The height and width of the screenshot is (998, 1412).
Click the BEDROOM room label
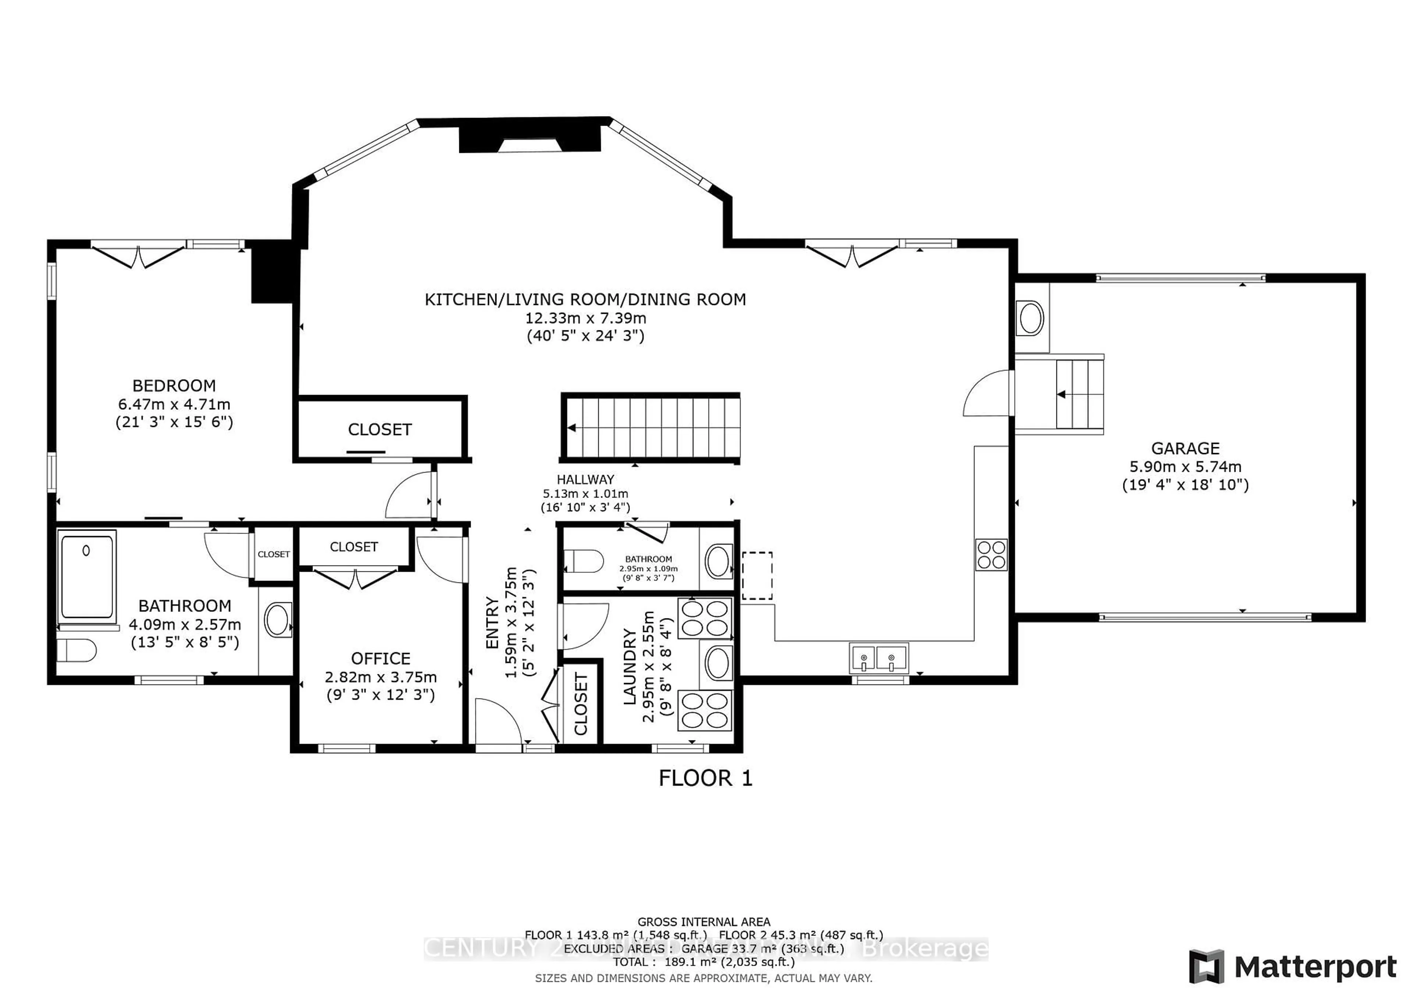click(x=174, y=386)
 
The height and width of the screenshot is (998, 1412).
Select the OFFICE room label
click(x=380, y=659)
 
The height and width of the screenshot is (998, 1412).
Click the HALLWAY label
click(x=585, y=479)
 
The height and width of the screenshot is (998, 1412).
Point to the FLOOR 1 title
click(x=705, y=779)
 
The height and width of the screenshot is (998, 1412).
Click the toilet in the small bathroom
click(x=583, y=561)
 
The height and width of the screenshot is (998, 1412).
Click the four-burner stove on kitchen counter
click(x=991, y=554)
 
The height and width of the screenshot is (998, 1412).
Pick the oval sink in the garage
click(x=1031, y=318)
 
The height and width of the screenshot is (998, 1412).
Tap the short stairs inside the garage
click(x=1079, y=394)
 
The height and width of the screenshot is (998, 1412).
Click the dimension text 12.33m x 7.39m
click(x=585, y=318)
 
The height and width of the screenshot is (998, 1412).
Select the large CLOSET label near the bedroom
click(x=379, y=430)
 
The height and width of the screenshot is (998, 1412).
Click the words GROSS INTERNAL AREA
click(x=703, y=922)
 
